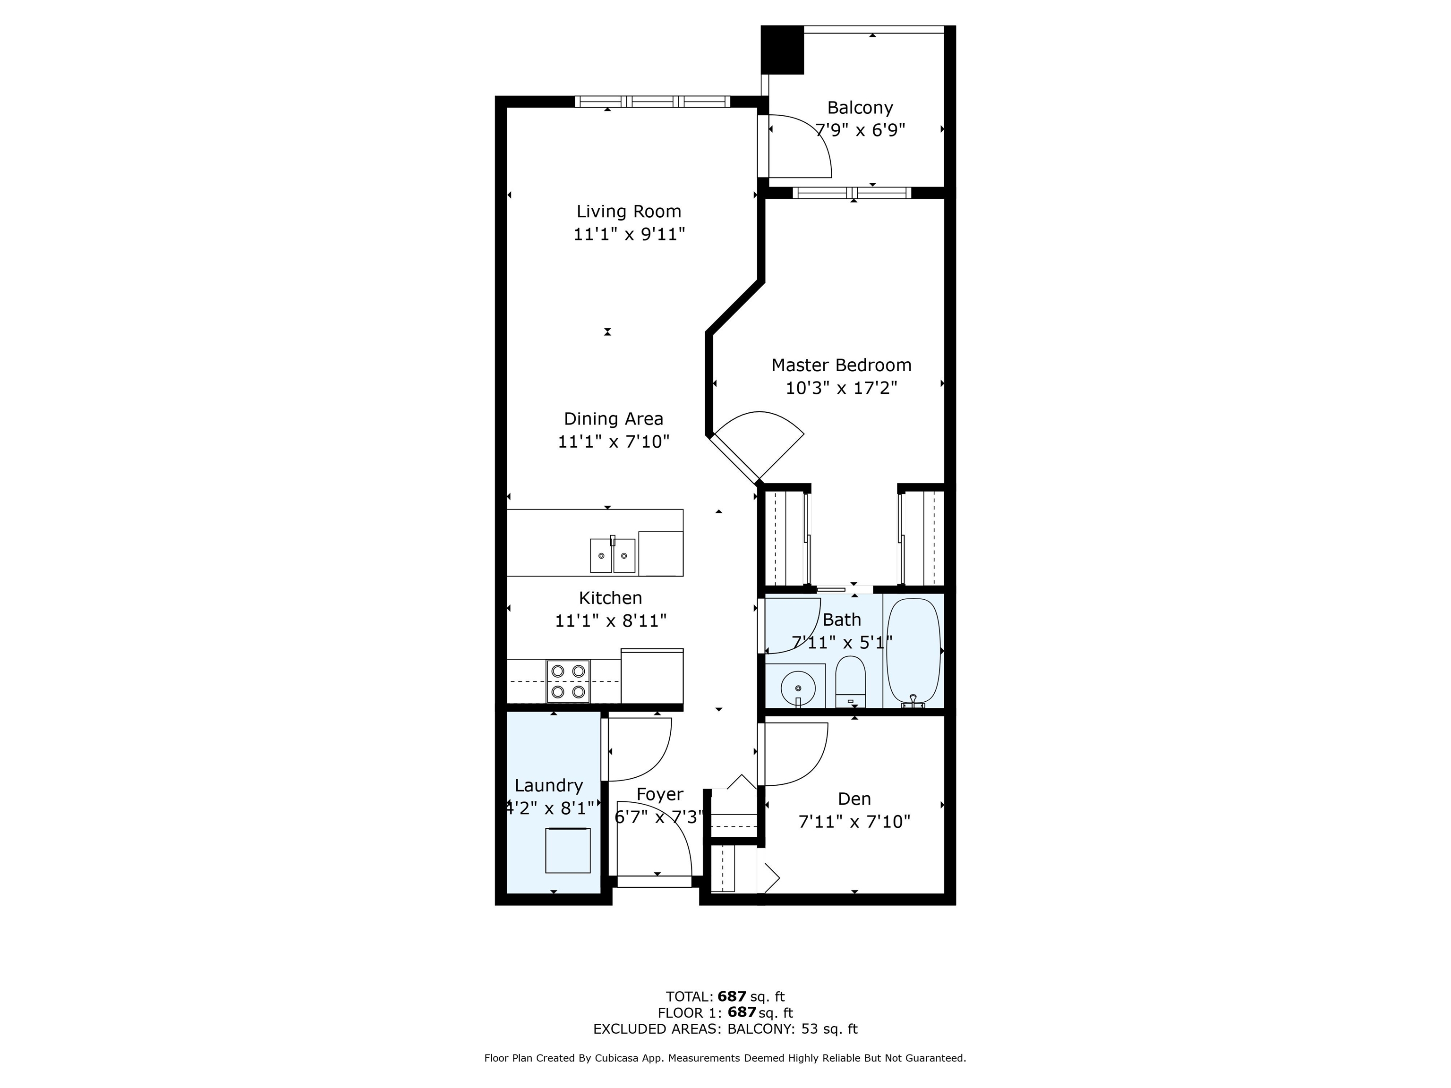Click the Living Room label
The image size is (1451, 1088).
pos(628,211)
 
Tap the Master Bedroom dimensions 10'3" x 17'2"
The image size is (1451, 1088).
pos(841,388)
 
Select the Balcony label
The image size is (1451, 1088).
pos(860,108)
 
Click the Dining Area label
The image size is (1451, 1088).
pos(614,418)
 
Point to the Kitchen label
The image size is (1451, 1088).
pos(610,597)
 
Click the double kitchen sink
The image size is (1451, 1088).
pos(613,555)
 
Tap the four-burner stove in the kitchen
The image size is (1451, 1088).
pos(568,681)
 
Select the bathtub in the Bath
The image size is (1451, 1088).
pos(913,653)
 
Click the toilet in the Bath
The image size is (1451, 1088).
pos(850,682)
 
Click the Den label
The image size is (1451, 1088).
pos(854,799)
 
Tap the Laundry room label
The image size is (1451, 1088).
pos(548,786)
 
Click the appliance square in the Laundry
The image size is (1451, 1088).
pos(568,850)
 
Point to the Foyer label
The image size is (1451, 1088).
pos(660,794)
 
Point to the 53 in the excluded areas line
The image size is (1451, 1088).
pos(810,1029)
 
